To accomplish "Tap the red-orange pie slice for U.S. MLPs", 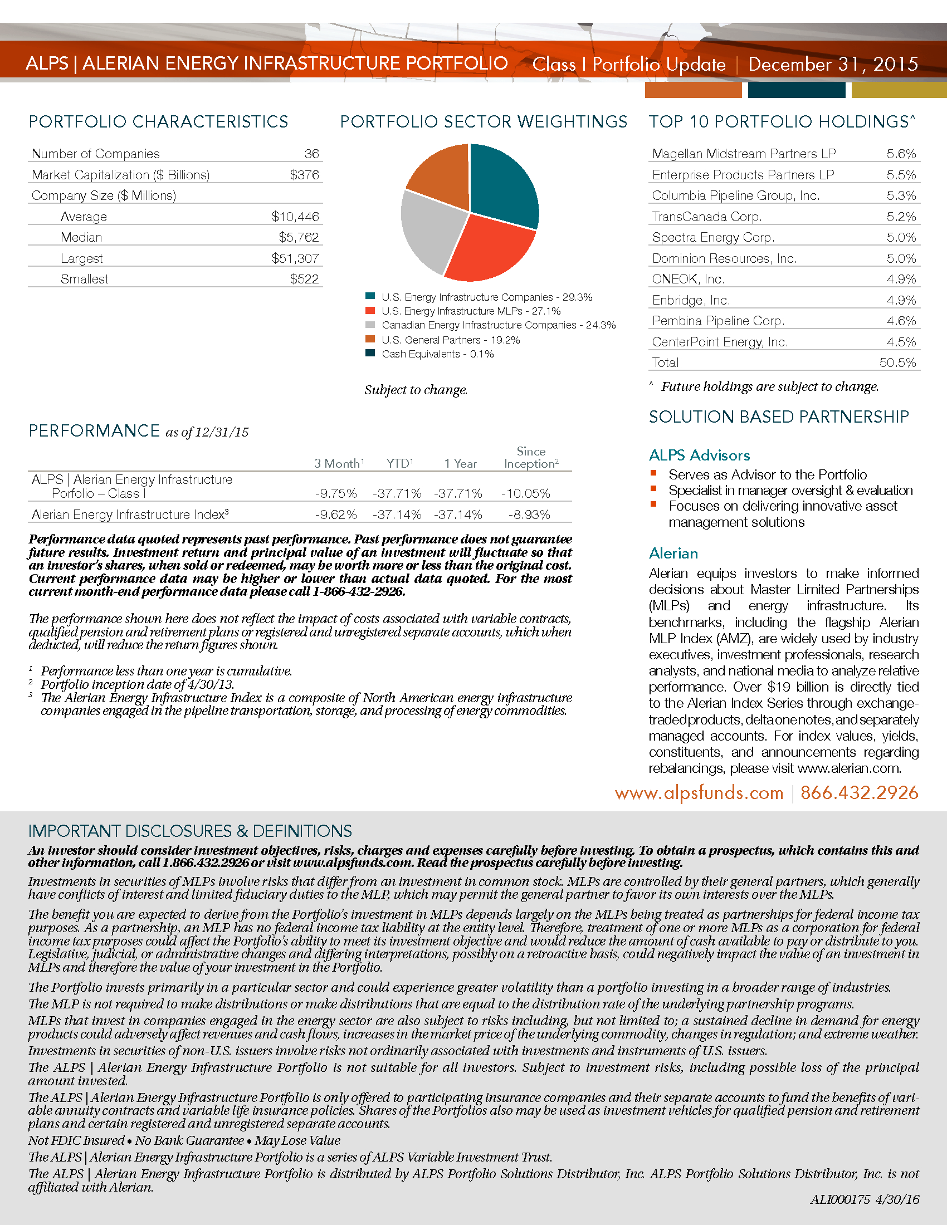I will pyautogui.click(x=488, y=249).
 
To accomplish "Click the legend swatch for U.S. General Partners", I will pyautogui.click(x=370, y=339).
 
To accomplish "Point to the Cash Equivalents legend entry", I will pyautogui.click(x=437, y=354).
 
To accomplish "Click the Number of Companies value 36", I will pyautogui.click(x=311, y=154).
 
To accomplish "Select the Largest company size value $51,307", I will pyautogui.click(x=295, y=258).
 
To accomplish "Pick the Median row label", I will pyautogui.click(x=81, y=237).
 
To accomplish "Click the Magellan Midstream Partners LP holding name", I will pyautogui.click(x=743, y=154).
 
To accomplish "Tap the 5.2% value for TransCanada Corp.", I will pyautogui.click(x=901, y=217).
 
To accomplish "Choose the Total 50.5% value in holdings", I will pyautogui.click(x=897, y=363).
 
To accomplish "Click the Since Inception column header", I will pyautogui.click(x=531, y=458).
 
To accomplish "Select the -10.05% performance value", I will pyautogui.click(x=526, y=493).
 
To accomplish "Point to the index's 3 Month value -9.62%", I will pyautogui.click(x=335, y=515).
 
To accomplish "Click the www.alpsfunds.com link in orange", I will pyautogui.click(x=699, y=792).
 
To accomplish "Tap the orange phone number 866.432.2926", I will pyautogui.click(x=859, y=792).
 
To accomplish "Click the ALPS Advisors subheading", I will pyautogui.click(x=699, y=455).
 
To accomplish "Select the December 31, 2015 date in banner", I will pyautogui.click(x=833, y=64).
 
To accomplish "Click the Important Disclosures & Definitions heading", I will pyautogui.click(x=190, y=831).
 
